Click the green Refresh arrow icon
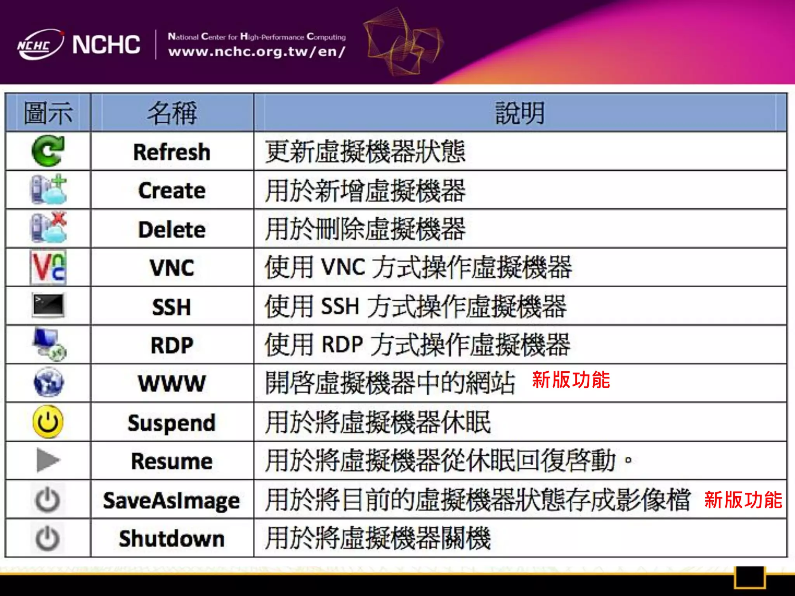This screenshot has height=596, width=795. click(x=48, y=151)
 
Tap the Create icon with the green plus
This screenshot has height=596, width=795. click(x=49, y=190)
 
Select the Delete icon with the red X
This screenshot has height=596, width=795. click(x=49, y=228)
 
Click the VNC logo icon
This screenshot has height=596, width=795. click(x=48, y=267)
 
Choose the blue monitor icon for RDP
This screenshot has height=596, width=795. click(x=49, y=344)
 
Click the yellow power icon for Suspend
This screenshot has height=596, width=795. click(x=48, y=422)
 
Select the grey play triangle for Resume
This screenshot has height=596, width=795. click(x=48, y=461)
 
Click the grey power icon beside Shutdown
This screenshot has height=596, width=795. click(x=48, y=539)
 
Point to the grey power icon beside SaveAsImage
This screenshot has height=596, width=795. click(x=48, y=500)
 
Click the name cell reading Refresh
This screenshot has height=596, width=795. click(x=172, y=152)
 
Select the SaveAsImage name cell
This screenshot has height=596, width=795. click(x=172, y=500)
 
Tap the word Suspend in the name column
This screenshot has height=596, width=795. click(x=172, y=423)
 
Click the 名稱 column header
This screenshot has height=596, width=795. click(x=172, y=113)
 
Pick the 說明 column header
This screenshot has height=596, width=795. click(x=520, y=113)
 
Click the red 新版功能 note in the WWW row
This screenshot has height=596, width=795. click(x=571, y=379)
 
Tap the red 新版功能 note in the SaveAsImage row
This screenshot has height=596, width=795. click(x=743, y=500)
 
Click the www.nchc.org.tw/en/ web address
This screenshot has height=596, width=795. click(x=257, y=52)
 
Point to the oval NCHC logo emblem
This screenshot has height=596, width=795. click(x=40, y=45)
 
